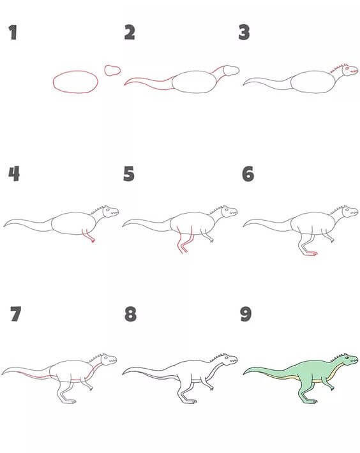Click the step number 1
[12, 33]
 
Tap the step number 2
[130, 33]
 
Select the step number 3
[244, 33]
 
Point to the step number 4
[14, 174]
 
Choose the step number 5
[129, 174]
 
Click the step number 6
[248, 174]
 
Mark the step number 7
[15, 314]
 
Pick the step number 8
[130, 314]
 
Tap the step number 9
[246, 314]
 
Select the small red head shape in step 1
[112, 70]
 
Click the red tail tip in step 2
[125, 84]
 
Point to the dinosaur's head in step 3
[350, 70]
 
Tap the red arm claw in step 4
[93, 240]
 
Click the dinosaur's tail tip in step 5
[124, 226]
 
